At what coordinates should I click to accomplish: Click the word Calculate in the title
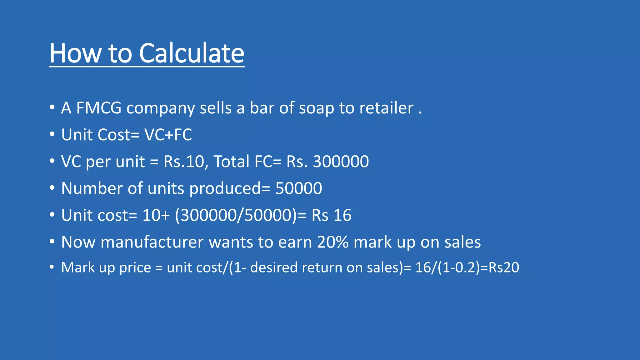pos(191,53)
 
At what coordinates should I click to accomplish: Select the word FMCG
pos(99,108)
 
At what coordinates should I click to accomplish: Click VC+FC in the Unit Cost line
pos(168,135)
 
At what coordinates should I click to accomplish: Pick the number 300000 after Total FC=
pos(341,162)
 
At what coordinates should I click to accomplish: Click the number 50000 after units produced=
pos(298,188)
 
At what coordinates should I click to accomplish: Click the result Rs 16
pos(331,215)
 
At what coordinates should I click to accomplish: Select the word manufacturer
pos(152,242)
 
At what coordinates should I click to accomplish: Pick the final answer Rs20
pos(503,268)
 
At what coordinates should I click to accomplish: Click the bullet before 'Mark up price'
pos(52,267)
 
